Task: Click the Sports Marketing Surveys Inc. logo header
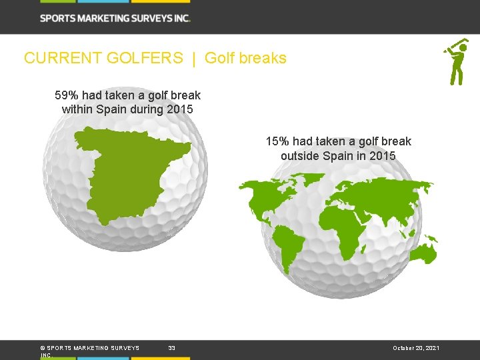pyautogui.click(x=115, y=18)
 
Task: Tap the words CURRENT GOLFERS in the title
pyautogui.click(x=103, y=58)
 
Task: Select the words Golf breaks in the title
pyautogui.click(x=245, y=58)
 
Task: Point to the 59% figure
pyautogui.click(x=67, y=95)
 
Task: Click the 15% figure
pyautogui.click(x=277, y=141)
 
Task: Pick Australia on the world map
pyautogui.click(x=424, y=253)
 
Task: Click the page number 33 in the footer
pyautogui.click(x=172, y=348)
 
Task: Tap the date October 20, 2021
pyautogui.click(x=415, y=348)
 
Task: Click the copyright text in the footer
pyautogui.click(x=89, y=348)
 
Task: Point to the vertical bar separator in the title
pyautogui.click(x=194, y=58)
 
